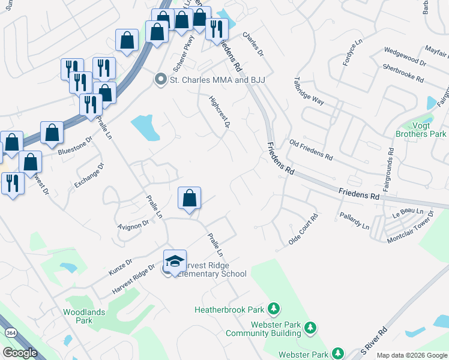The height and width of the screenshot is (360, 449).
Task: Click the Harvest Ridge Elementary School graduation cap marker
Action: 175,261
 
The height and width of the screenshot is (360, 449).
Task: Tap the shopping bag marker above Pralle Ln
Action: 190,198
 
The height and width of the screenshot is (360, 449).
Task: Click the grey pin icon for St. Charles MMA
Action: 160,79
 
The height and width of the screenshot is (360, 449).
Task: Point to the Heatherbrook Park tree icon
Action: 274,309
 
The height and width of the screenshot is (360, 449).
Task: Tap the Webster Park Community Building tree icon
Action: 310,328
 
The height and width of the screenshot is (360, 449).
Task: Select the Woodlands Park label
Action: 83,316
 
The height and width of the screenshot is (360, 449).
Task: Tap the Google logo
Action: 20,353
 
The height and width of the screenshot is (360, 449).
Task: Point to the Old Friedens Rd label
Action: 311,151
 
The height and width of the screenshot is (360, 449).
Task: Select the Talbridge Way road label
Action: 309,91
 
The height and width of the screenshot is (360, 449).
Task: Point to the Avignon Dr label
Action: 133,224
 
